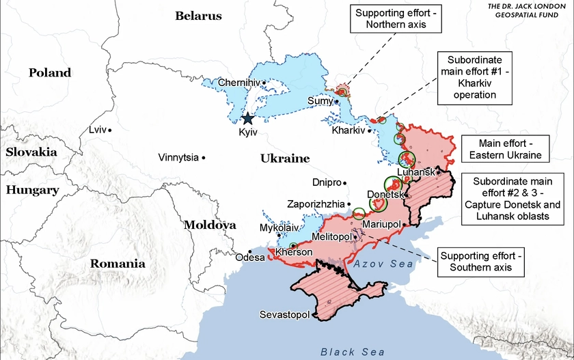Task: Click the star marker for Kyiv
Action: [248, 118]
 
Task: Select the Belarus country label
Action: [199, 16]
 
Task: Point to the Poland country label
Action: [50, 72]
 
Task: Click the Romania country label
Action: [118, 263]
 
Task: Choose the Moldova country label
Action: [210, 225]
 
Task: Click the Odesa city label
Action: [249, 258]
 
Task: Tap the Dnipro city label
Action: [325, 182]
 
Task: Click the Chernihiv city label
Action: [239, 83]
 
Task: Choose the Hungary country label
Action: [32, 190]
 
